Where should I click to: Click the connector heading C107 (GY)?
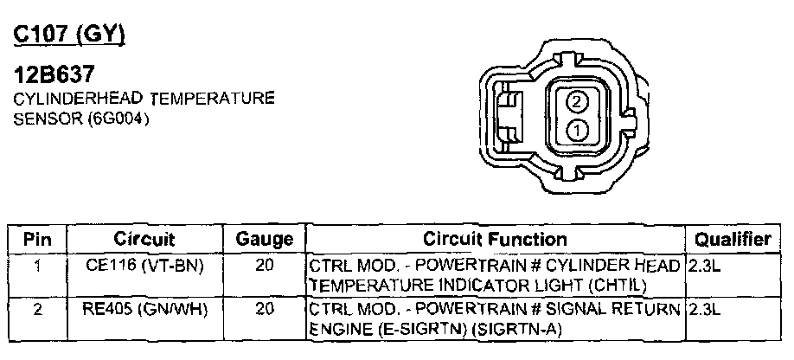(69, 34)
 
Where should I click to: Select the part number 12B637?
(54, 75)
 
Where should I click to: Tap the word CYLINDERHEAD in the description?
(79, 98)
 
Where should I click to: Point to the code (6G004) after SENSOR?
(118, 119)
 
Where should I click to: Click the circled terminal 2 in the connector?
(576, 103)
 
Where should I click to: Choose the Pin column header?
(38, 239)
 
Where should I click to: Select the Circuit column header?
(144, 239)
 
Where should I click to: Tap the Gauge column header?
(265, 239)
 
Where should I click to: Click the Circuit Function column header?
(495, 239)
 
